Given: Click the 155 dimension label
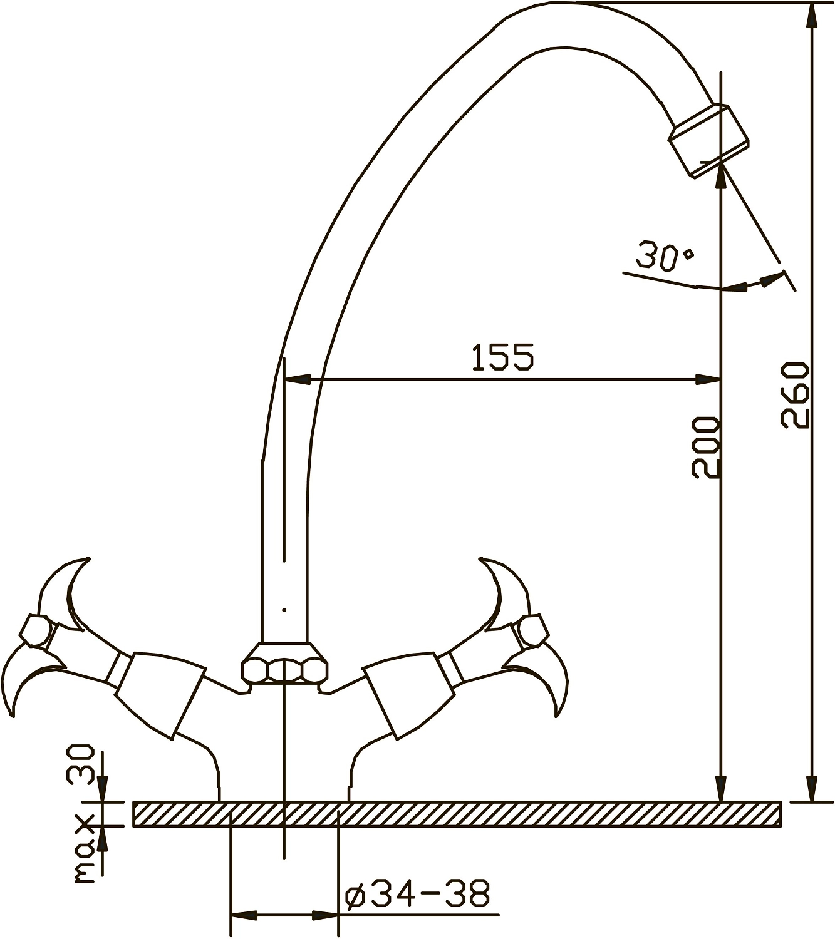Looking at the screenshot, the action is [x=503, y=357].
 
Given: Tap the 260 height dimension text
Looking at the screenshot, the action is [x=795, y=396].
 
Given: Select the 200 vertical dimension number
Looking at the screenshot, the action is [x=705, y=447].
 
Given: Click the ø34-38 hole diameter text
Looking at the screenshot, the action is [x=417, y=894].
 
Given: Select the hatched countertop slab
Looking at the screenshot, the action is [x=457, y=813].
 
